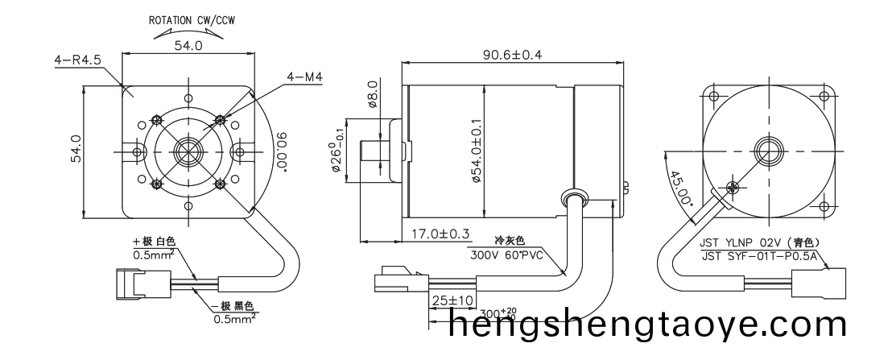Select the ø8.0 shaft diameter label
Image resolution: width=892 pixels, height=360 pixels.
[x=372, y=94]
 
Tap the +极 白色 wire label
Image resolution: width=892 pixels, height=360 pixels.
[x=154, y=242]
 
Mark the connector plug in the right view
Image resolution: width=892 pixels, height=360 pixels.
[x=816, y=283]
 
